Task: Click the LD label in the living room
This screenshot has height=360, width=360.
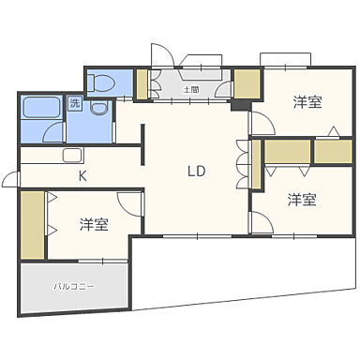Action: (196, 172)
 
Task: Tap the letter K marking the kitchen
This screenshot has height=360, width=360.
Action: (82, 175)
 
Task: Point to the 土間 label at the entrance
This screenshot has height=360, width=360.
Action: (189, 89)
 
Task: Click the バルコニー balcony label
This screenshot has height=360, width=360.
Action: (73, 286)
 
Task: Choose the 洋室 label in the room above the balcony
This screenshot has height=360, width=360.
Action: (93, 225)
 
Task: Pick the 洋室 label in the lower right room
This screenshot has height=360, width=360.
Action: (301, 200)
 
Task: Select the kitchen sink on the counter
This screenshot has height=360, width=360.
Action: (73, 155)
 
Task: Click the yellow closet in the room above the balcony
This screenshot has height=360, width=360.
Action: (31, 224)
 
